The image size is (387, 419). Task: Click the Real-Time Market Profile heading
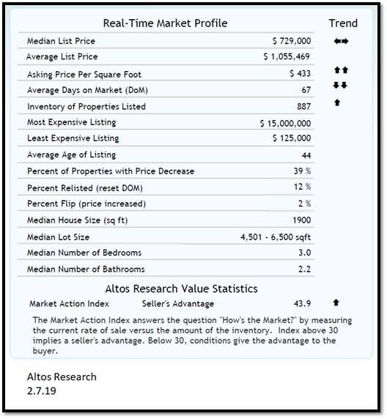[165, 23]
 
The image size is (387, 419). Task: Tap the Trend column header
[343, 23]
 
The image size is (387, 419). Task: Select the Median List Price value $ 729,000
[291, 42]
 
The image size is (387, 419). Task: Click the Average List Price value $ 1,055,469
[287, 56]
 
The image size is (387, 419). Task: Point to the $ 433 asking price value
[300, 74]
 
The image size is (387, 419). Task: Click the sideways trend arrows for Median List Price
[341, 41]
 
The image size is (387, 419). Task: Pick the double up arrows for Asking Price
[341, 70]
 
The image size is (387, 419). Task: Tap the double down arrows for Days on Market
[341, 85]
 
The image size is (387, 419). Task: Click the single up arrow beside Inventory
[336, 103]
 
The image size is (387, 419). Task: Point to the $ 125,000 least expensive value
[291, 138]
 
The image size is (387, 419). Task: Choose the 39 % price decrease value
[302, 171]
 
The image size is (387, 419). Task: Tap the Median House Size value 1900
[301, 220]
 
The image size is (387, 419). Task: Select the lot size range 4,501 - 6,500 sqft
[276, 237]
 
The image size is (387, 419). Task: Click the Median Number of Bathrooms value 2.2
[304, 269]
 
